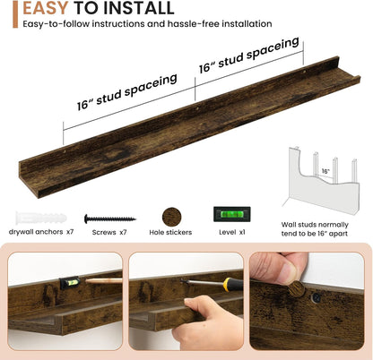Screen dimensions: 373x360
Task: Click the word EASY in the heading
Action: [x=45, y=8]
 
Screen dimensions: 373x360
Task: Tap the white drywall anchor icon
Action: [x=41, y=219]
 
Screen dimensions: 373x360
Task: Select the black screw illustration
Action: [x=110, y=219]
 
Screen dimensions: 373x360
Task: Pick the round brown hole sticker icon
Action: [x=172, y=218]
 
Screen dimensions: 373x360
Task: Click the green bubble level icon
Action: [x=232, y=214]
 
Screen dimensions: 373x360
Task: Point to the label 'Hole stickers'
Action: [x=170, y=232]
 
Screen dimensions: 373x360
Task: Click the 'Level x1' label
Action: [x=232, y=232]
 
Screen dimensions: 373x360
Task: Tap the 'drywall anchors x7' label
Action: [x=41, y=232]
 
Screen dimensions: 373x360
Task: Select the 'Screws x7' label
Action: [x=109, y=232]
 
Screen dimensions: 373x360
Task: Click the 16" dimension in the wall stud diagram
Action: [x=325, y=171]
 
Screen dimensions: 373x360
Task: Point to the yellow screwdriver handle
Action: [x=232, y=285]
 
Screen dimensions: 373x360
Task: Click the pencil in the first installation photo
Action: [x=103, y=280]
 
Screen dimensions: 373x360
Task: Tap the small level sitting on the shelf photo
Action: [x=70, y=282]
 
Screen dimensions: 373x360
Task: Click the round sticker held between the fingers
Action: [x=296, y=289]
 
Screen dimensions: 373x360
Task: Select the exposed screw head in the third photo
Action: [x=316, y=297]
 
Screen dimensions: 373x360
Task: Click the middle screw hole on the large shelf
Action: [x=197, y=109]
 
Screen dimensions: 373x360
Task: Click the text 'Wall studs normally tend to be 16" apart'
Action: [x=315, y=229]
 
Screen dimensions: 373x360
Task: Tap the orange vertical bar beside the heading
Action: [x=15, y=14]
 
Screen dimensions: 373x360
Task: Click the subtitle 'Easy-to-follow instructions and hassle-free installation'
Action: [x=147, y=23]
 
